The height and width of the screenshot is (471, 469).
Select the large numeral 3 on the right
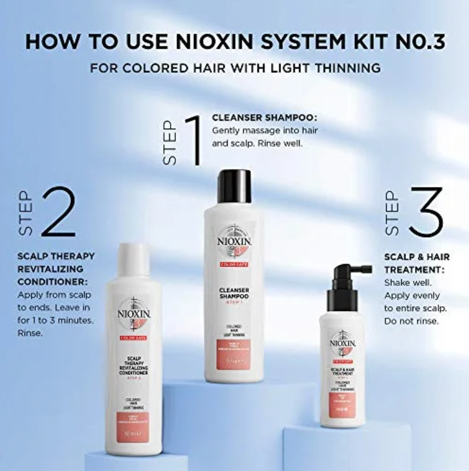pyautogui.click(x=425, y=211)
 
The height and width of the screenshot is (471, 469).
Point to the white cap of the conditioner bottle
pyautogui.click(x=133, y=259)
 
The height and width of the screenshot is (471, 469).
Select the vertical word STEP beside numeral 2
pyautogui.click(x=26, y=212)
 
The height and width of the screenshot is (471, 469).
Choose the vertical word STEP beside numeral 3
pyautogui.click(x=392, y=212)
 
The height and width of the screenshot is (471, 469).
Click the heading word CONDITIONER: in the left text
pyautogui.click(x=53, y=281)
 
